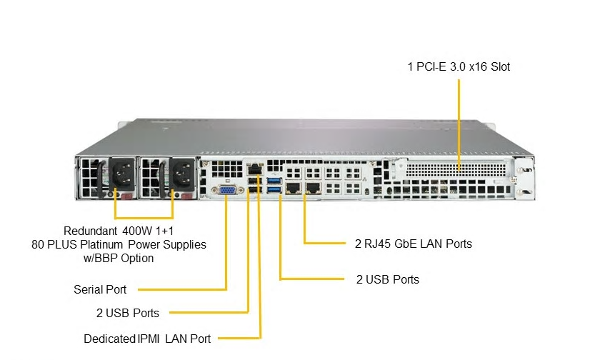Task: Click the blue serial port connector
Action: pos(228,190)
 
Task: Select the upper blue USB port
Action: pos(274,181)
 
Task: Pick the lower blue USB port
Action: pos(274,189)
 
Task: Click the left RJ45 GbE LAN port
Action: pos(293,188)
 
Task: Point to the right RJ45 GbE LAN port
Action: pos(312,188)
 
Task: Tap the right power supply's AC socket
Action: pos(181,174)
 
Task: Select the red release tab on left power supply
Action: pos(127,197)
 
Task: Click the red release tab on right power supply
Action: pos(186,197)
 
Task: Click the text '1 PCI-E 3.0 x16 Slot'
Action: pos(459,67)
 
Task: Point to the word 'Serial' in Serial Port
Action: pos(87,289)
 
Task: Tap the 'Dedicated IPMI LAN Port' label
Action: pos(147,339)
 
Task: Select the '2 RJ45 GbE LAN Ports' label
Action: pos(413,244)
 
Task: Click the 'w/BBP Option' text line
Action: pos(119,258)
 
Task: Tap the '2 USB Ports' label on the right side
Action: pos(387,279)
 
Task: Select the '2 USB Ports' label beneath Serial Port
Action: pos(128,313)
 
